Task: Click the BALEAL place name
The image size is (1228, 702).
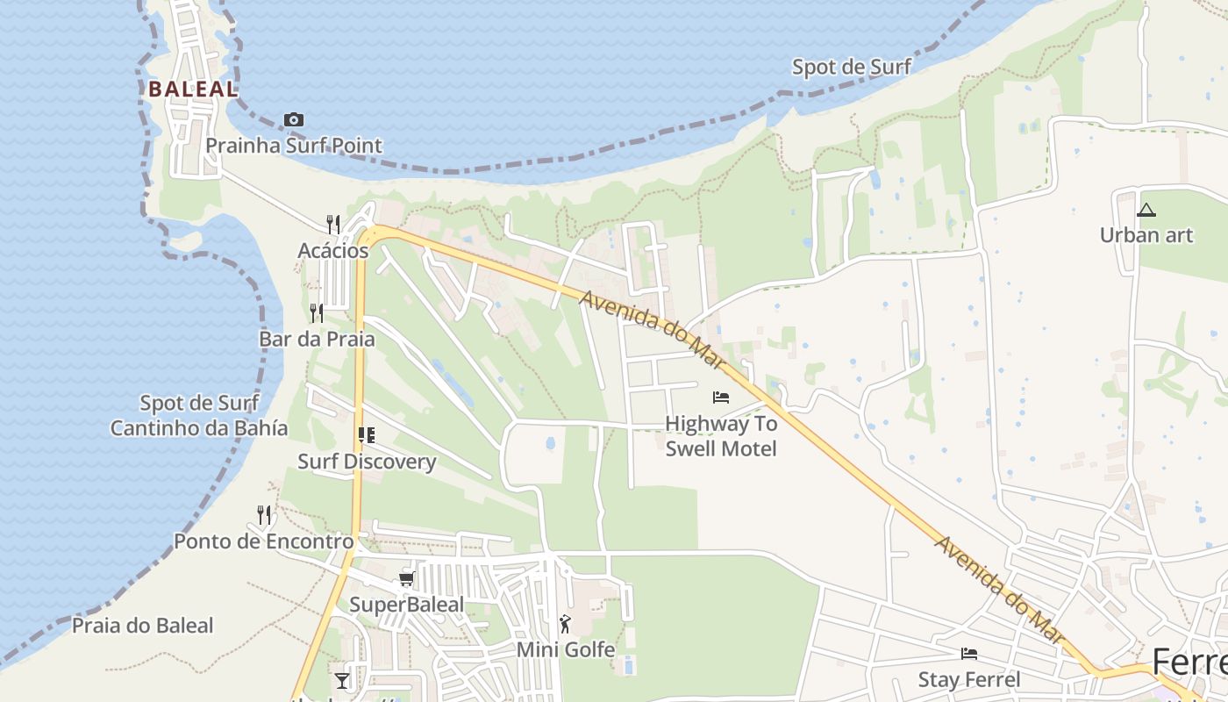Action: tap(193, 89)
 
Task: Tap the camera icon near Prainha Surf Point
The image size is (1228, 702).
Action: tap(294, 119)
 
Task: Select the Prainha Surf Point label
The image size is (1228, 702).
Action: tap(294, 146)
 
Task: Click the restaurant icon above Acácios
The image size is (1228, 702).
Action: tap(333, 225)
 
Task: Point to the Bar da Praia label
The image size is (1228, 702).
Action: tap(317, 339)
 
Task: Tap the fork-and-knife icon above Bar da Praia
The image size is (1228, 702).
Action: tap(317, 313)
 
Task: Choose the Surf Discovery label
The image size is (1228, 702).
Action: tap(367, 462)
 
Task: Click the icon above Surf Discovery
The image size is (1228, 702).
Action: tap(367, 435)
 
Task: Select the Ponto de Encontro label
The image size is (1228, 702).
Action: tap(263, 541)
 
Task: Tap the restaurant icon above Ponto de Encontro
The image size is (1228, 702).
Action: tap(264, 515)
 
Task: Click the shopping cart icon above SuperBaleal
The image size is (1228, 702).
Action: tap(406, 578)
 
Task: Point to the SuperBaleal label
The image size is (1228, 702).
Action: tap(406, 605)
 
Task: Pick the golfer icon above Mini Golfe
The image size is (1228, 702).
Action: tap(565, 624)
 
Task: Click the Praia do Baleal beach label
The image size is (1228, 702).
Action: tap(142, 626)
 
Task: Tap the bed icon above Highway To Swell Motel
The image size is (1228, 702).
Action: tap(721, 398)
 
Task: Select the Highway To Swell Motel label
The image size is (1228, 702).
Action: tap(721, 436)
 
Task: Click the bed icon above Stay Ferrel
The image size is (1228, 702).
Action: tap(969, 654)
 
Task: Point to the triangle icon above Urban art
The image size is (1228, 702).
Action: tap(1146, 210)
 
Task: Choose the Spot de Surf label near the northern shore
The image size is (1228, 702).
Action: tap(852, 67)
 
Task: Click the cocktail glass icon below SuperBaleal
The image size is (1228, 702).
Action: tap(342, 681)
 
